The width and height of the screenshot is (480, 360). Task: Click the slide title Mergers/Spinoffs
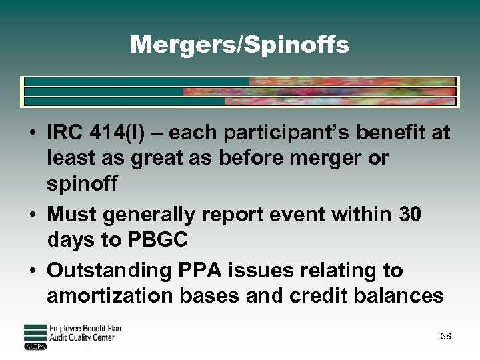pos(239,45)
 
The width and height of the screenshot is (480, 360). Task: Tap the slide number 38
pos(446,336)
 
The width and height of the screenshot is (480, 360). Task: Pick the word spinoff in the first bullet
pos(82,184)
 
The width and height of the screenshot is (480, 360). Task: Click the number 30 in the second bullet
pos(409,215)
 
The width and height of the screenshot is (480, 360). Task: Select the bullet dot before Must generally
pos(33,215)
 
